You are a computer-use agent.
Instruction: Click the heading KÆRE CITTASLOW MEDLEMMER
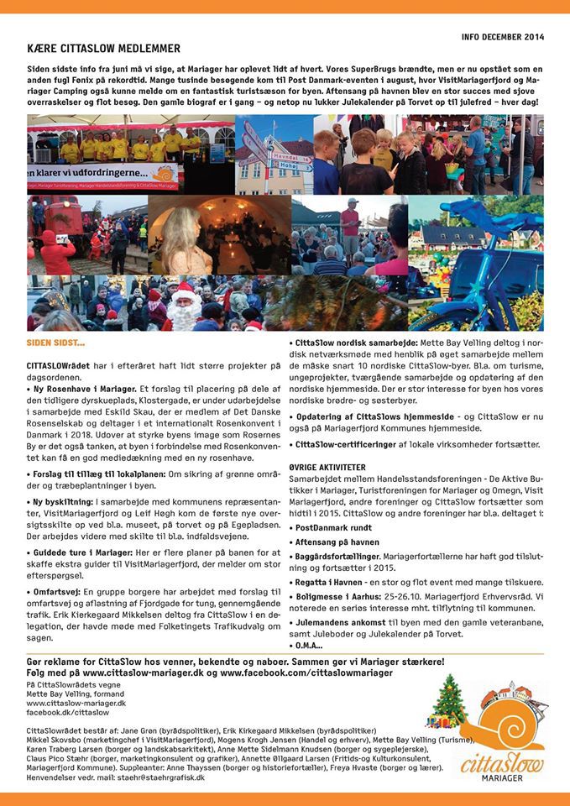pyautogui.click(x=103, y=49)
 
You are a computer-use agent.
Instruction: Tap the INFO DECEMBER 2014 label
pyautogui.click(x=503, y=37)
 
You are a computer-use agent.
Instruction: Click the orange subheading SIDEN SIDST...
pyautogui.click(x=56, y=343)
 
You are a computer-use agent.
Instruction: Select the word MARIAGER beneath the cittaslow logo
pyautogui.click(x=502, y=777)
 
